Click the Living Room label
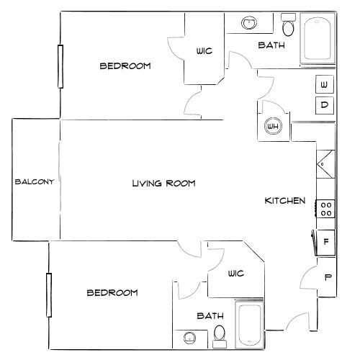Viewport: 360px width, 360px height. pyautogui.click(x=163, y=184)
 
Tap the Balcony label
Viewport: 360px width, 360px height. pyautogui.click(x=35, y=181)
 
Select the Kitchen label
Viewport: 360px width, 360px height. pyautogui.click(x=286, y=201)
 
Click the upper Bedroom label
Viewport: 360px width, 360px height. pyautogui.click(x=125, y=66)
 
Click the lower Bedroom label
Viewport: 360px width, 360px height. pyautogui.click(x=112, y=292)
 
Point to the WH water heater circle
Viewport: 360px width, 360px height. pyautogui.click(x=273, y=127)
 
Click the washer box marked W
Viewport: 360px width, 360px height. pyautogui.click(x=324, y=85)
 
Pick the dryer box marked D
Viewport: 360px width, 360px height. pyautogui.click(x=324, y=105)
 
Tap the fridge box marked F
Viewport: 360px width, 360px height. pyautogui.click(x=325, y=241)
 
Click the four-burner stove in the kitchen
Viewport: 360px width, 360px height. pyautogui.click(x=325, y=209)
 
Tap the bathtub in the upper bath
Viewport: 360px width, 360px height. pyautogui.click(x=316, y=40)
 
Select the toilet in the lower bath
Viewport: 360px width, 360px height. pyautogui.click(x=220, y=333)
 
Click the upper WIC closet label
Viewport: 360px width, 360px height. pyautogui.click(x=204, y=51)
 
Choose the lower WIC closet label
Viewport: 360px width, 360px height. pyautogui.click(x=235, y=273)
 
